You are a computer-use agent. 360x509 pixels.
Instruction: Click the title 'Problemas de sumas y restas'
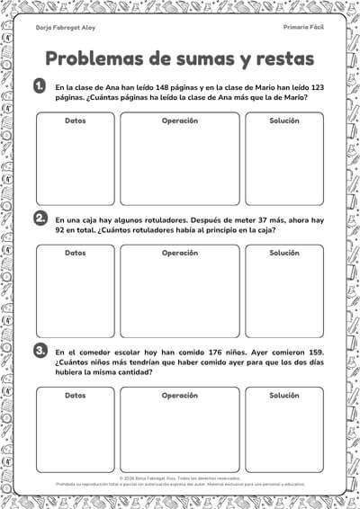pos(180,59)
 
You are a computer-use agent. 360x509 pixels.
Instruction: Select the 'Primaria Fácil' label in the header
pos(302,28)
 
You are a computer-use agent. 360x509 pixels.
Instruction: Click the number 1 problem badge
pos(40,86)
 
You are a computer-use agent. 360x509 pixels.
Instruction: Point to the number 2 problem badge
pos(40,219)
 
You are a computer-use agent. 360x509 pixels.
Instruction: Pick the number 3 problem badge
pos(40,350)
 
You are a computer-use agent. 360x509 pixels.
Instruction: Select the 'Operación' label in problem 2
pos(180,253)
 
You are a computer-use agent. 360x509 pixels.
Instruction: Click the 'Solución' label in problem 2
pos(284,253)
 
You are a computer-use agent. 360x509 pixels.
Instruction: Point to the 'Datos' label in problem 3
pos(76,395)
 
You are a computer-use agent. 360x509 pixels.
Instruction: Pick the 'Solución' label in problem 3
pos(284,395)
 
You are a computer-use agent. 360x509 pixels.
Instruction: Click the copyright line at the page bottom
pos(180,478)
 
